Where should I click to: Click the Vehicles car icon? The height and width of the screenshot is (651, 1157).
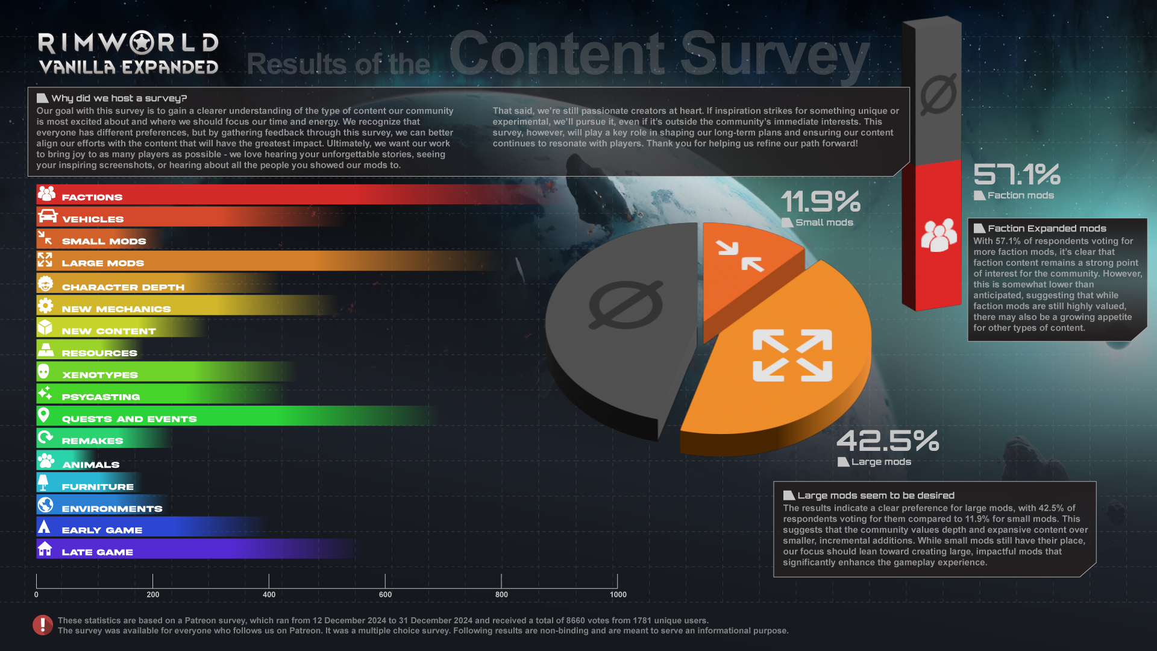[47, 216]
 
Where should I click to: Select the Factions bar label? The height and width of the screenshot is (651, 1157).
[92, 197]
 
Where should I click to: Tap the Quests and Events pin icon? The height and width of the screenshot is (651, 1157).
[43, 415]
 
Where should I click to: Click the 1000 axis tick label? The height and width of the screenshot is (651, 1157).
[618, 594]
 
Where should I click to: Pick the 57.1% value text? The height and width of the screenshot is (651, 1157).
[1017, 175]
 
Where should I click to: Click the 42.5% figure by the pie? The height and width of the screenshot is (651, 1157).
[887, 441]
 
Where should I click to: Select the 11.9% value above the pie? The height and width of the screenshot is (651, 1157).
[820, 201]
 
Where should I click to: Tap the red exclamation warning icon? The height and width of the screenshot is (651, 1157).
[42, 625]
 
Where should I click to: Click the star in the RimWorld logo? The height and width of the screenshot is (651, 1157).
[142, 43]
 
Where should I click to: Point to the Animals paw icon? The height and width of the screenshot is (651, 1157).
[46, 461]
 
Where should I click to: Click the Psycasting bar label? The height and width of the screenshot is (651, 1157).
[101, 397]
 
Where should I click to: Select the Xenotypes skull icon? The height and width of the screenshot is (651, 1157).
[43, 371]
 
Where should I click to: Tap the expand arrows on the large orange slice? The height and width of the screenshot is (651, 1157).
[792, 355]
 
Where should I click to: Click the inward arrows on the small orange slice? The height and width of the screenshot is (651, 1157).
[739, 256]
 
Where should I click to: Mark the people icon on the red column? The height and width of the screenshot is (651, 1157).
[938, 234]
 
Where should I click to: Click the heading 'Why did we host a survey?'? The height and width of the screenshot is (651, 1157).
[119, 98]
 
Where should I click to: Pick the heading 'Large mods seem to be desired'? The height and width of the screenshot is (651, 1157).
[875, 495]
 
